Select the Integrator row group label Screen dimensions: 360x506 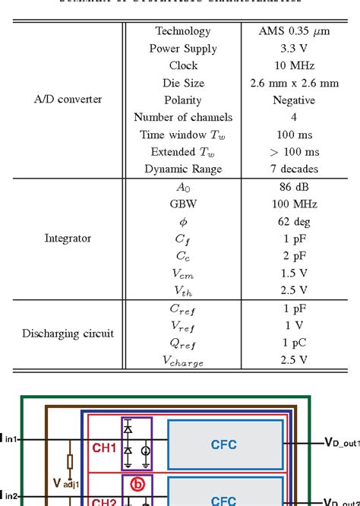click(68, 239)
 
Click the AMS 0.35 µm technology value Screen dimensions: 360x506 click(293, 31)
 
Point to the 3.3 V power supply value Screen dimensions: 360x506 click(293, 49)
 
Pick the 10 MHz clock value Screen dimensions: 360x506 click(293, 66)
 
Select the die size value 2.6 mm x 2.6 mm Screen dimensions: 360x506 click(293, 83)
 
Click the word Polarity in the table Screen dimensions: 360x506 click(183, 100)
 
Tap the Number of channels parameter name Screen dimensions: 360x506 click(183, 118)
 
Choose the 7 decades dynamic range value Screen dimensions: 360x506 click(293, 169)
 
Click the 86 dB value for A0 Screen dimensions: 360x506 click(293, 187)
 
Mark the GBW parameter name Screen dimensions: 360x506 click(183, 204)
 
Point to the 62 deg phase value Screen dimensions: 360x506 click(293, 222)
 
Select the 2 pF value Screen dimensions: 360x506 click(293, 256)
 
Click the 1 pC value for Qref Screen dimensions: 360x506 click(293, 343)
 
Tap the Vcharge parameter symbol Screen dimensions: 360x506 click(183, 362)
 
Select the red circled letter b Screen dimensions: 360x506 click(137, 484)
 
